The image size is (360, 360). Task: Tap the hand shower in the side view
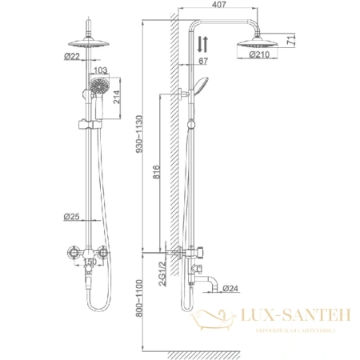[x=204, y=82]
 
